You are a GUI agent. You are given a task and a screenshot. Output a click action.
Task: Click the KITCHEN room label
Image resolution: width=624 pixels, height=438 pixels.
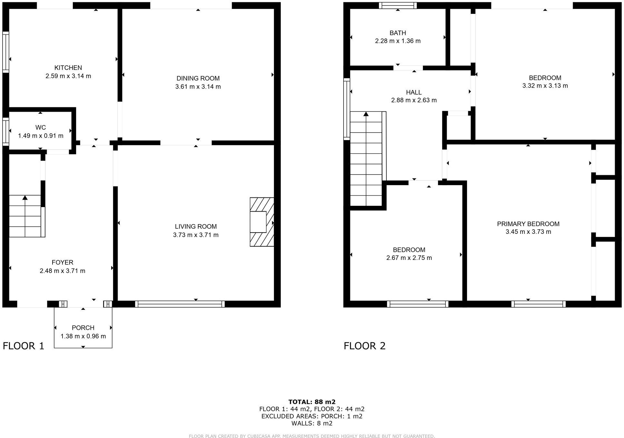[x=68, y=68]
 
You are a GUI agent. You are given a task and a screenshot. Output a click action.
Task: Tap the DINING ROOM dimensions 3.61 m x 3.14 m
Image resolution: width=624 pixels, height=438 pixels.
[x=198, y=87]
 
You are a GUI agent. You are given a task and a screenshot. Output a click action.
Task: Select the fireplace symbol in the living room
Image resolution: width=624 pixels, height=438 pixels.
[x=262, y=222]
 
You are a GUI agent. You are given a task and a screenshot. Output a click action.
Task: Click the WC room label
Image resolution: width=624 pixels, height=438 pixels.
[x=41, y=128]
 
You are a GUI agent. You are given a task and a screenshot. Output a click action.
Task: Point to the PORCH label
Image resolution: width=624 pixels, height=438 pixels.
[x=83, y=328]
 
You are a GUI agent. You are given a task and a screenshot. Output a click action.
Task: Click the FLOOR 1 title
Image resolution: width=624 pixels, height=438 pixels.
[x=24, y=346]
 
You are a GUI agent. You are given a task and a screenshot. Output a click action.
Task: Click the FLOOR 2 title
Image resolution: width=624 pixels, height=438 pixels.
[x=365, y=346]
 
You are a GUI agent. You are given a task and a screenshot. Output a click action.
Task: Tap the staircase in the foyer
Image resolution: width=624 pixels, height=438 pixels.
[x=25, y=216]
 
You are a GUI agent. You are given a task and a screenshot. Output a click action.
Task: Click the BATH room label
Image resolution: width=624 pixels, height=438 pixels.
[x=398, y=33]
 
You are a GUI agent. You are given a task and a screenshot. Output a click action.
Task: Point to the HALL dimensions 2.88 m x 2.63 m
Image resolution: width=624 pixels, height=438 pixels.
[x=414, y=100]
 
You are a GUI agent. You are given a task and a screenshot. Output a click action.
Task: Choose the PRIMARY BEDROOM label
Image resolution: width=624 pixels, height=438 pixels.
[x=528, y=224]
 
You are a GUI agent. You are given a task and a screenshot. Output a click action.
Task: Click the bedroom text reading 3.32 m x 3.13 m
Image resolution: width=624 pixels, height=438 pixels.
[x=545, y=86]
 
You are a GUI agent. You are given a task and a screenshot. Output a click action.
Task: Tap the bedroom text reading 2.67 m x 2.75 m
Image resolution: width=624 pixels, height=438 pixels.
[x=409, y=258]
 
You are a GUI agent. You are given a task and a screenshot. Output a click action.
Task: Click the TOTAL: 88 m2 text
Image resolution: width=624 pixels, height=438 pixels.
[x=312, y=402]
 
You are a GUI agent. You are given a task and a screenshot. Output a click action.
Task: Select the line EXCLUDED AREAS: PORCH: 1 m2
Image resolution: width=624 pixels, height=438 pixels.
[x=312, y=416]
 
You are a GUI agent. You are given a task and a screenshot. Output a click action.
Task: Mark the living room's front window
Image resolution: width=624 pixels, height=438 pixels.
[x=180, y=304]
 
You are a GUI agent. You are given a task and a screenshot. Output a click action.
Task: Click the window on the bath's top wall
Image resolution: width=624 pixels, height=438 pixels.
[x=398, y=5]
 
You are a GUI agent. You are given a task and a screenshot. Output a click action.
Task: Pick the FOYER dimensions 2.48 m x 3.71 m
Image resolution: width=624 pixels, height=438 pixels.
[x=63, y=271]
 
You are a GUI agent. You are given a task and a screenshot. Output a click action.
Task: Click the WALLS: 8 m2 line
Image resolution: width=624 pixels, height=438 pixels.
[x=312, y=423]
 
